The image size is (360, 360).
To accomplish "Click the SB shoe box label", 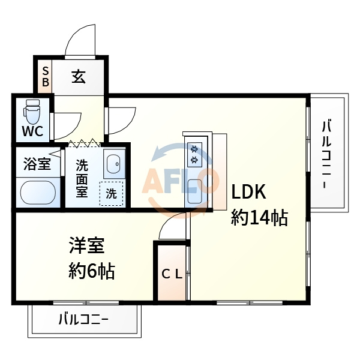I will [45, 76].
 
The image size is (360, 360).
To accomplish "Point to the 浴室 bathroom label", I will [37, 163].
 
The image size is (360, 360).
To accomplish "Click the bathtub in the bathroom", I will [38, 194].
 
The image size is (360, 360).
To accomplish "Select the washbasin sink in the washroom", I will [113, 164].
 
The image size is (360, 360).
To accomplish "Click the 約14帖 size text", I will [260, 217].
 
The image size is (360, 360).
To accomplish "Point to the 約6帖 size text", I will [91, 272].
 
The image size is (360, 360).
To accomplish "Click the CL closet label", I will [172, 274].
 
